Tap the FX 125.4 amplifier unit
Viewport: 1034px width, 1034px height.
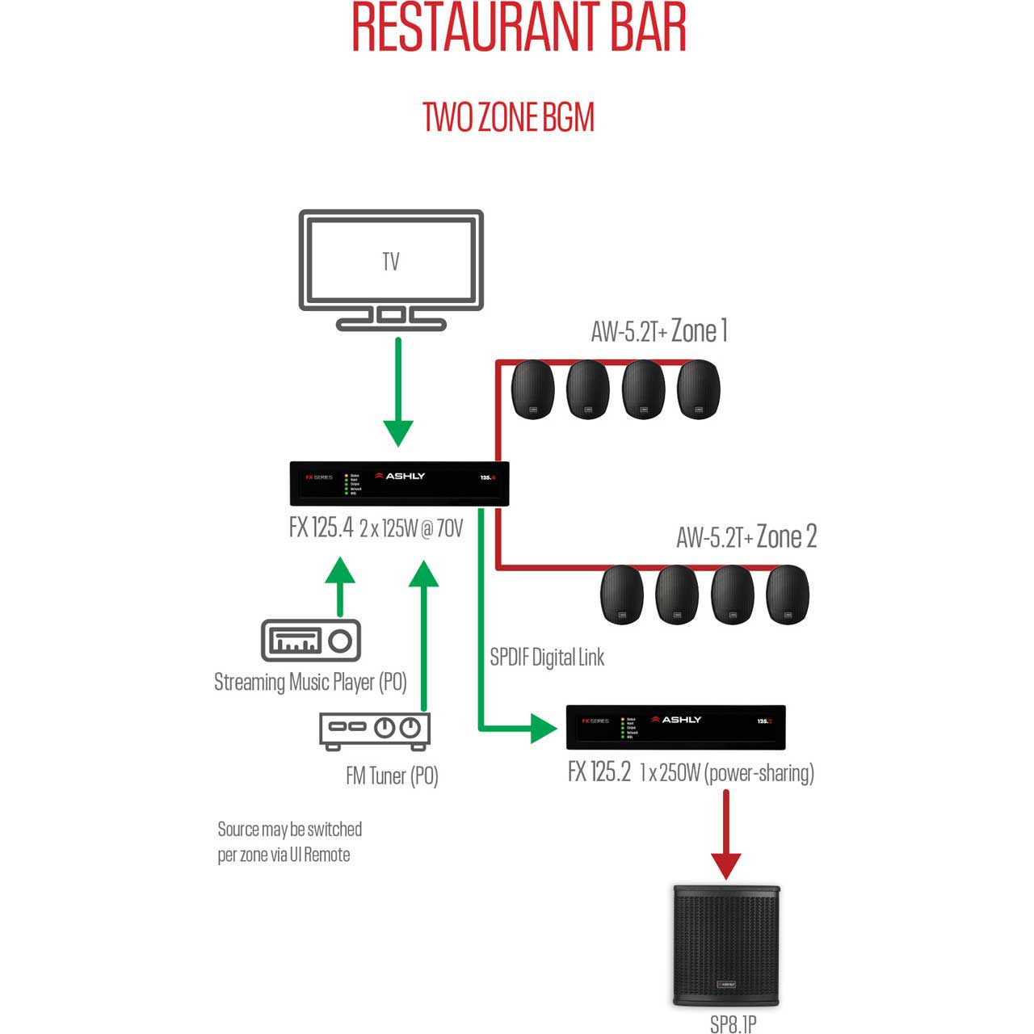(x=399, y=483)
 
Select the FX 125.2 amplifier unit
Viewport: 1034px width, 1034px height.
(x=675, y=726)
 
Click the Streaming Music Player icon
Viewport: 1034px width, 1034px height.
(x=311, y=641)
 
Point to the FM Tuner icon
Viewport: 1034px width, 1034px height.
(x=375, y=729)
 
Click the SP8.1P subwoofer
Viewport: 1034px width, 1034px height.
(x=725, y=945)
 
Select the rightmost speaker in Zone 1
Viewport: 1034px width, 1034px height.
(x=698, y=389)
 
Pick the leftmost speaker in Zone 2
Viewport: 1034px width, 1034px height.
(x=622, y=595)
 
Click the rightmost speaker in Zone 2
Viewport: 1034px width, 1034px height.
(x=788, y=595)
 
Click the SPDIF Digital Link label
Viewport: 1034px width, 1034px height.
(x=547, y=658)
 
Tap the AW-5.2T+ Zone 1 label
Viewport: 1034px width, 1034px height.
(x=659, y=330)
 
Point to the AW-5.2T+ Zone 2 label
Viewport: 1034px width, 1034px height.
(x=746, y=536)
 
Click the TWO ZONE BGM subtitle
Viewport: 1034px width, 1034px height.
(x=509, y=118)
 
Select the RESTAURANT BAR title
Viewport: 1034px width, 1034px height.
(x=519, y=27)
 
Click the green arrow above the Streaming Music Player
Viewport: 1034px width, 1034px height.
(x=340, y=586)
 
